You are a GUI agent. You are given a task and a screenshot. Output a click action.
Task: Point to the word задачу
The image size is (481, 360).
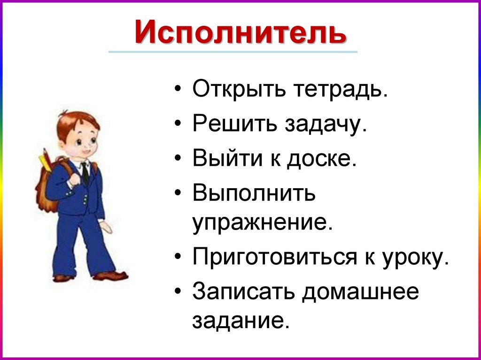tap(324, 125)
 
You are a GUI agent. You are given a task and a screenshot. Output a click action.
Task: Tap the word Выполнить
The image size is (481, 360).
tap(254, 193)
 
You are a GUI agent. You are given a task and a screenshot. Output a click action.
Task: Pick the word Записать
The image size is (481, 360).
tap(243, 292)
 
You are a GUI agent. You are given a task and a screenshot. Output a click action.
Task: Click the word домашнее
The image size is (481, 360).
tap(360, 292)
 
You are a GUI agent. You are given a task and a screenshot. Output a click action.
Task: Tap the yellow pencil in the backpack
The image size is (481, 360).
tap(46, 160)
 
